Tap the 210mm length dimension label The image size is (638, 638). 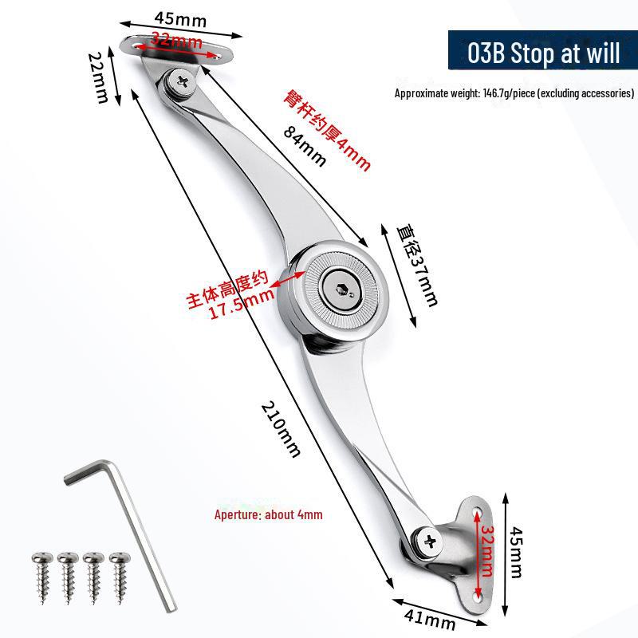click(281, 427)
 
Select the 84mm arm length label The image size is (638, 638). click(305, 146)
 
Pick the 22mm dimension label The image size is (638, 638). click(98, 78)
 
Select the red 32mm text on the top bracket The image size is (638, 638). click(175, 39)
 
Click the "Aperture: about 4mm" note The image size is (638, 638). click(269, 514)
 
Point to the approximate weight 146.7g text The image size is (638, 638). click(514, 93)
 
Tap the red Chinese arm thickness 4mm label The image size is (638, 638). click(329, 131)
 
